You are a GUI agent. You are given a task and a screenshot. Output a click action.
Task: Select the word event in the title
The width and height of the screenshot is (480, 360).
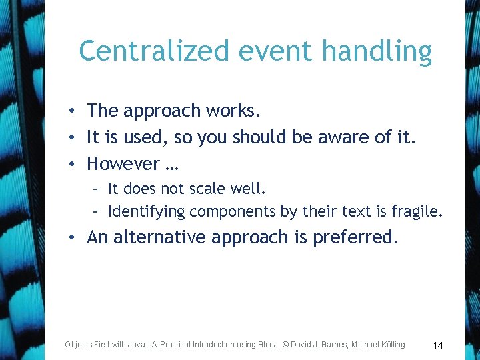[257, 51]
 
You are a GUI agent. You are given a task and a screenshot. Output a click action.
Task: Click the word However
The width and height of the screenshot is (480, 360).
[123, 163]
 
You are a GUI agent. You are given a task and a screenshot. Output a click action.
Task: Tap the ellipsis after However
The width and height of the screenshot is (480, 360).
[171, 165]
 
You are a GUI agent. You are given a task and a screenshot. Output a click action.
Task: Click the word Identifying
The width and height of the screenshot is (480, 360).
[146, 212]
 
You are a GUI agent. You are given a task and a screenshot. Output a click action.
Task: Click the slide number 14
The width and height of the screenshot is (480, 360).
[438, 345]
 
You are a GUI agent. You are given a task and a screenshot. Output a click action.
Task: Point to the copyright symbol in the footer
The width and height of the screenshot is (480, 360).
[285, 345]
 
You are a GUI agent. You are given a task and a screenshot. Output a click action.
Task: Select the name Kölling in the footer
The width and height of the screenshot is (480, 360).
[389, 345]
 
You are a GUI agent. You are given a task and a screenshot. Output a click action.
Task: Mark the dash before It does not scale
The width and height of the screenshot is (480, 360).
[97, 189]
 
